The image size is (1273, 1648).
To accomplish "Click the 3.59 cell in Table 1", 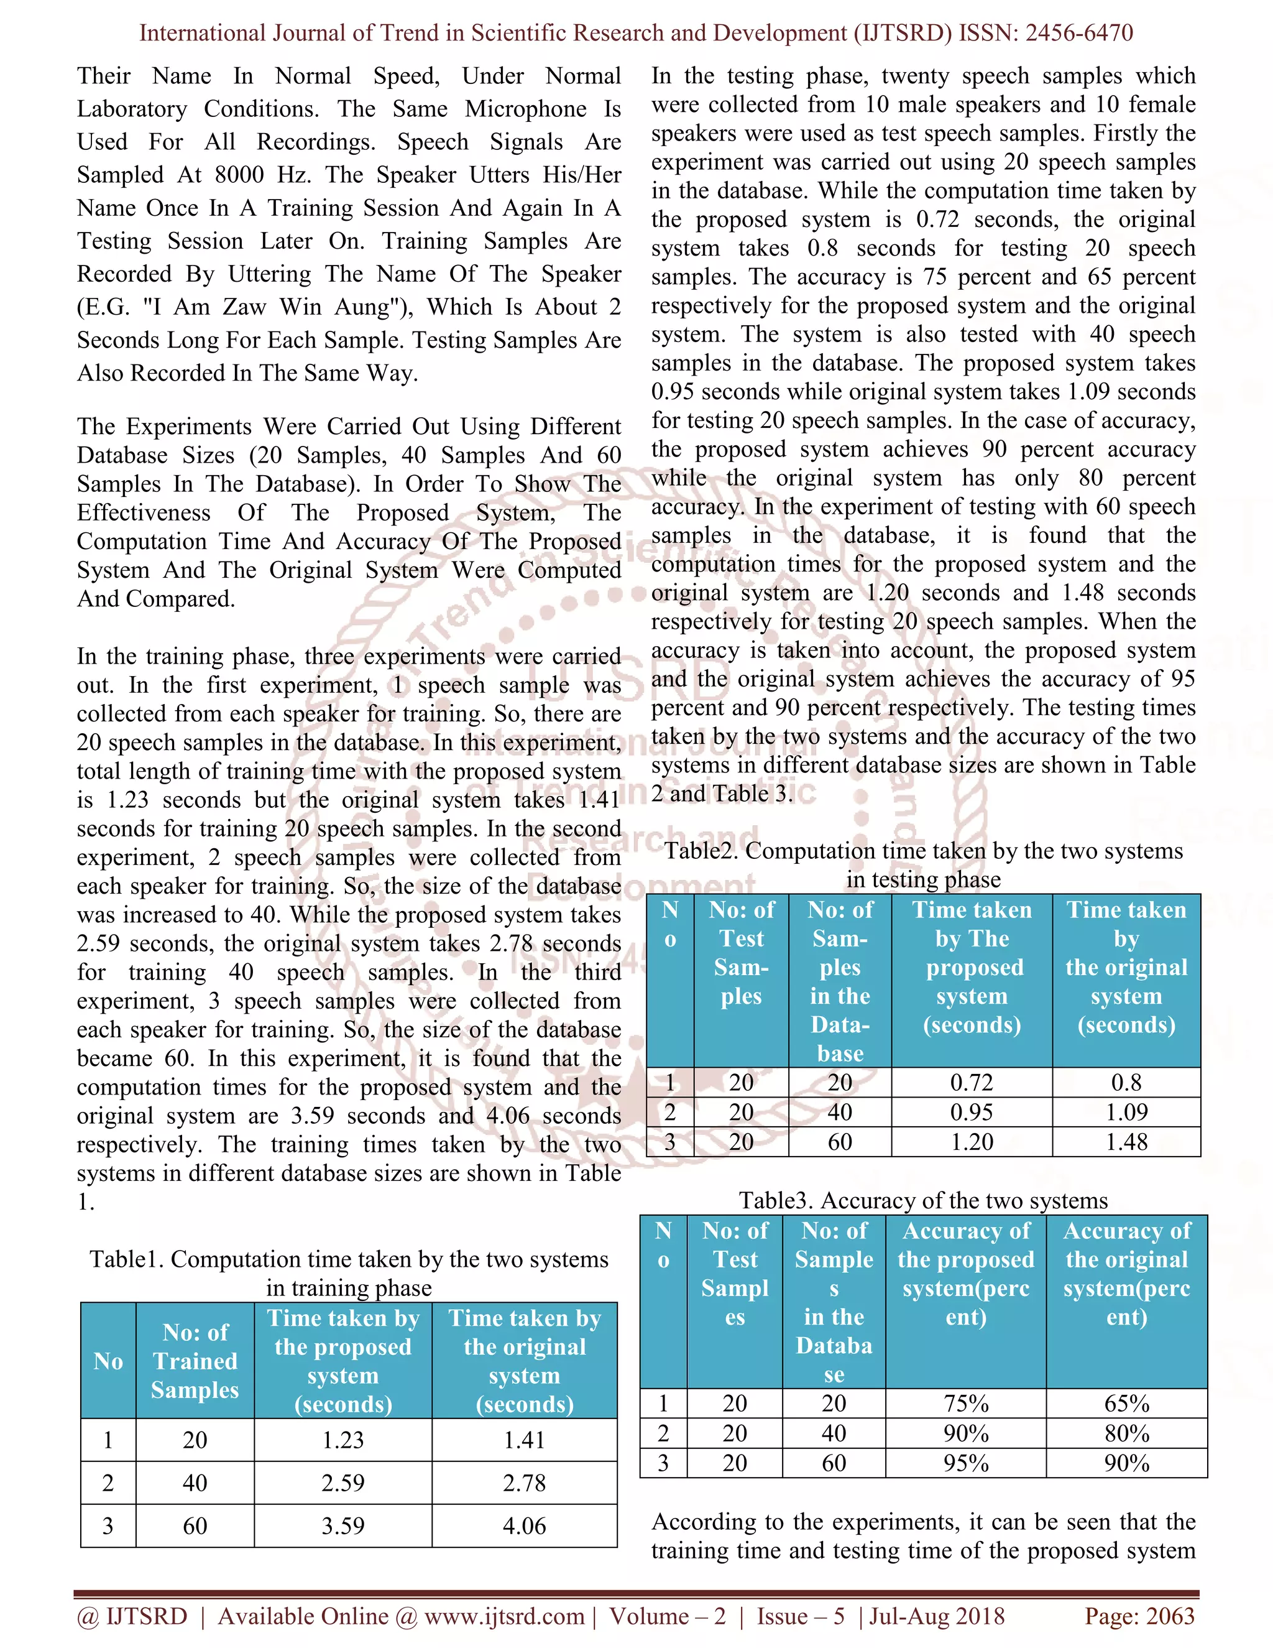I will pos(343,1525).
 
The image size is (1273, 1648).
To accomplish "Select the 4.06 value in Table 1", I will pos(524,1525).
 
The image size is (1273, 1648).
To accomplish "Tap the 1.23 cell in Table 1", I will pos(343,1440).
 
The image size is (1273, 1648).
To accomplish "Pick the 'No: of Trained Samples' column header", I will pos(195,1361).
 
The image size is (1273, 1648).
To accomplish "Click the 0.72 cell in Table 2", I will pos(972,1082).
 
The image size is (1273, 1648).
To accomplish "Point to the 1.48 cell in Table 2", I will pos(1126,1142).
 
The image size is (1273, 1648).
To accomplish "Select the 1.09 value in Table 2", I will pos(1126,1113).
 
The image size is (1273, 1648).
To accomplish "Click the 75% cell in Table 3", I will pos(966,1404).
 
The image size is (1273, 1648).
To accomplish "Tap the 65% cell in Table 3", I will pos(1127,1404).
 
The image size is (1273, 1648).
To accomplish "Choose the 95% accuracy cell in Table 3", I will pos(966,1463).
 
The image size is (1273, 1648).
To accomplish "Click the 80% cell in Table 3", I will pos(1127,1433).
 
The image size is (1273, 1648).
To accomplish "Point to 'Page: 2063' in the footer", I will pos(1139,1616).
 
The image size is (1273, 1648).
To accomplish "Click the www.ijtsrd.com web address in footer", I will pos(503,1616).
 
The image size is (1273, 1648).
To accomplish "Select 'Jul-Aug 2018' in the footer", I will pos(937,1616).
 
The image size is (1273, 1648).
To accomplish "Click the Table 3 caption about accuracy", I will pos(923,1200).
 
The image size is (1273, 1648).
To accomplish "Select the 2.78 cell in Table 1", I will pos(524,1483).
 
